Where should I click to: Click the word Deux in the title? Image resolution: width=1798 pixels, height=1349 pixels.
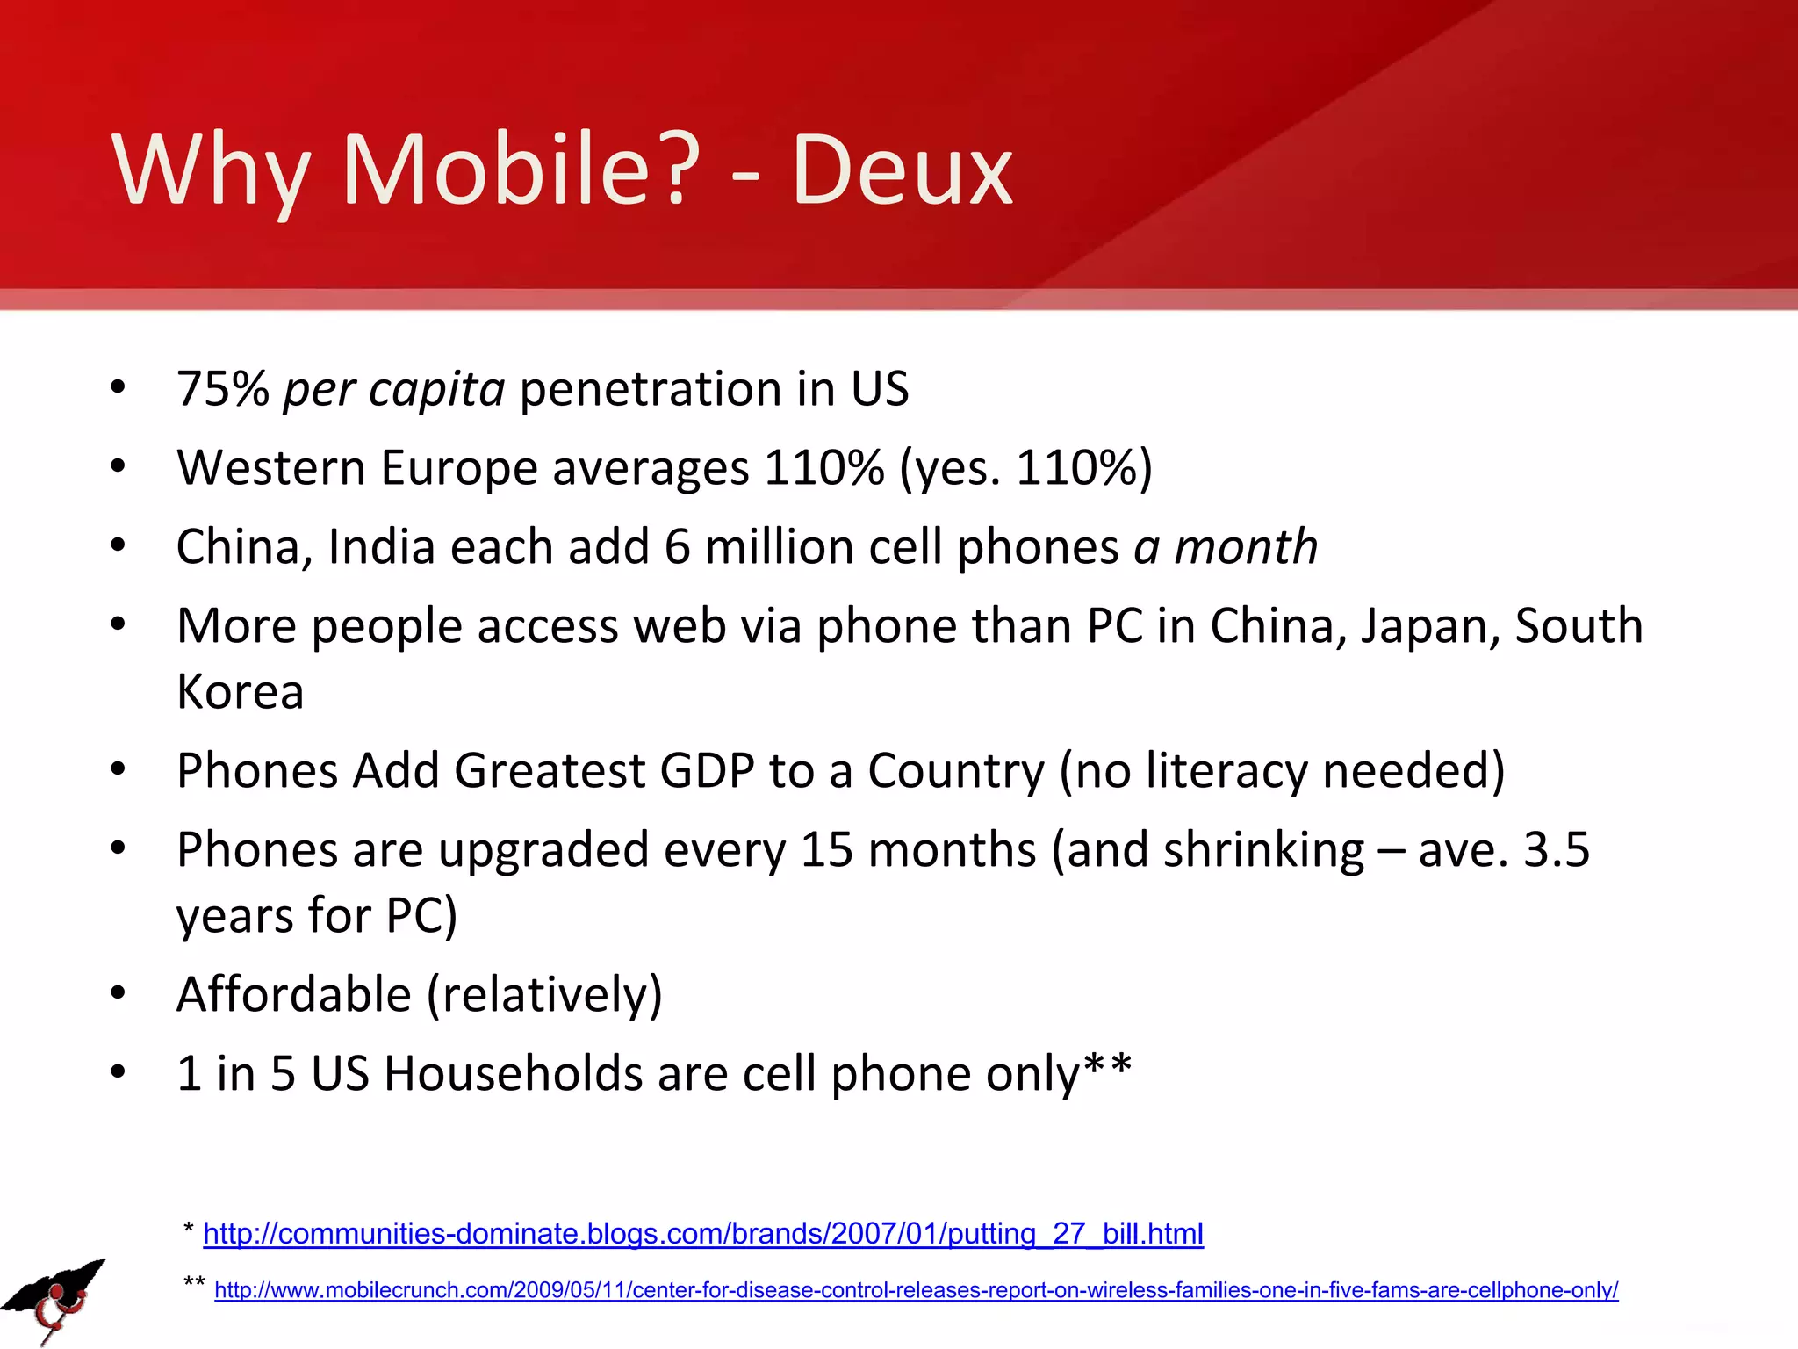[903, 171]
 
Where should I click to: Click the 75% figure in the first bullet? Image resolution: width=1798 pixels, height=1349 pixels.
[223, 389]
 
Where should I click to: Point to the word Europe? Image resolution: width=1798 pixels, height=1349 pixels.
[458, 467]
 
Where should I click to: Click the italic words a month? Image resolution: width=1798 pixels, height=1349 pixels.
[1226, 547]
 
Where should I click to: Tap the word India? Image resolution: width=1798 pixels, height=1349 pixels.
[381, 547]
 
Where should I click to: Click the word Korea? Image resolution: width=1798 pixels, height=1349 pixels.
[240, 692]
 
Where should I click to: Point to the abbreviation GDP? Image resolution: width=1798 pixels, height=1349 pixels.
[707, 771]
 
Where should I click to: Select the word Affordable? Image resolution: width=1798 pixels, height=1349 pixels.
[294, 995]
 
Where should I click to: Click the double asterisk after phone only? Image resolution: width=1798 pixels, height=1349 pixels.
[1108, 1069]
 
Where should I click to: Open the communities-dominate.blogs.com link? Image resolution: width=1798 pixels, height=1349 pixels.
[702, 1234]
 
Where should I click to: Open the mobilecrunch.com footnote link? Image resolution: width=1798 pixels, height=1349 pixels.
[916, 1290]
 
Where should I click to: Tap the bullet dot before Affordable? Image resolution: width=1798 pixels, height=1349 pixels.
[119, 994]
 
